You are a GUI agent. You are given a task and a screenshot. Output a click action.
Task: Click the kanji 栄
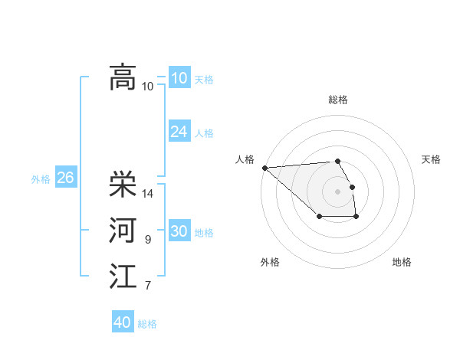click(123, 184)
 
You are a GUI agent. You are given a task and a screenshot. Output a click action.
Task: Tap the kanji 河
click(123, 231)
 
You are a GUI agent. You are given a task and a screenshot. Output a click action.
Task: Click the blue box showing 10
click(179, 77)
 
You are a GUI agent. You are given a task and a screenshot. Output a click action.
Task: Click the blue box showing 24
click(179, 132)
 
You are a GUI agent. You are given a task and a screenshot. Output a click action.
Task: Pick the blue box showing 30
click(179, 231)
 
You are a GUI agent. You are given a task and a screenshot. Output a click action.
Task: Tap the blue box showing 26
click(65, 178)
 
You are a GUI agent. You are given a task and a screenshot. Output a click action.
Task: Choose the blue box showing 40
click(122, 322)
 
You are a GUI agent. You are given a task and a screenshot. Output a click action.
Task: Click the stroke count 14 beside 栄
click(148, 193)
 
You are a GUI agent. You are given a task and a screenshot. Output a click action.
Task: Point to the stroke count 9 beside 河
click(147, 240)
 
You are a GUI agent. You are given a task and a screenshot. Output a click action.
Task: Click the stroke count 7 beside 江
click(147, 286)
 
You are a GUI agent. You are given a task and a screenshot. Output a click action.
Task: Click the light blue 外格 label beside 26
click(41, 179)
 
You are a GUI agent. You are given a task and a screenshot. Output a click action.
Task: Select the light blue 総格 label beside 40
click(147, 324)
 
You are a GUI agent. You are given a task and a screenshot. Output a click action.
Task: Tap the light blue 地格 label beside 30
click(204, 233)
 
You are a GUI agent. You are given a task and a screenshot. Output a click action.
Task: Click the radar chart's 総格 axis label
click(337, 100)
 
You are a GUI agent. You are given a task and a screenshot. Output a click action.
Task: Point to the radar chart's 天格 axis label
click(431, 159)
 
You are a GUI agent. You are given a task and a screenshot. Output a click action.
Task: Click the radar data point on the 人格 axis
click(264, 167)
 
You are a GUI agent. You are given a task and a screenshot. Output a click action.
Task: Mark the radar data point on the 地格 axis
click(356, 218)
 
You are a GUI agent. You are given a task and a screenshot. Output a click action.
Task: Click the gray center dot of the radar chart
click(337, 191)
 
